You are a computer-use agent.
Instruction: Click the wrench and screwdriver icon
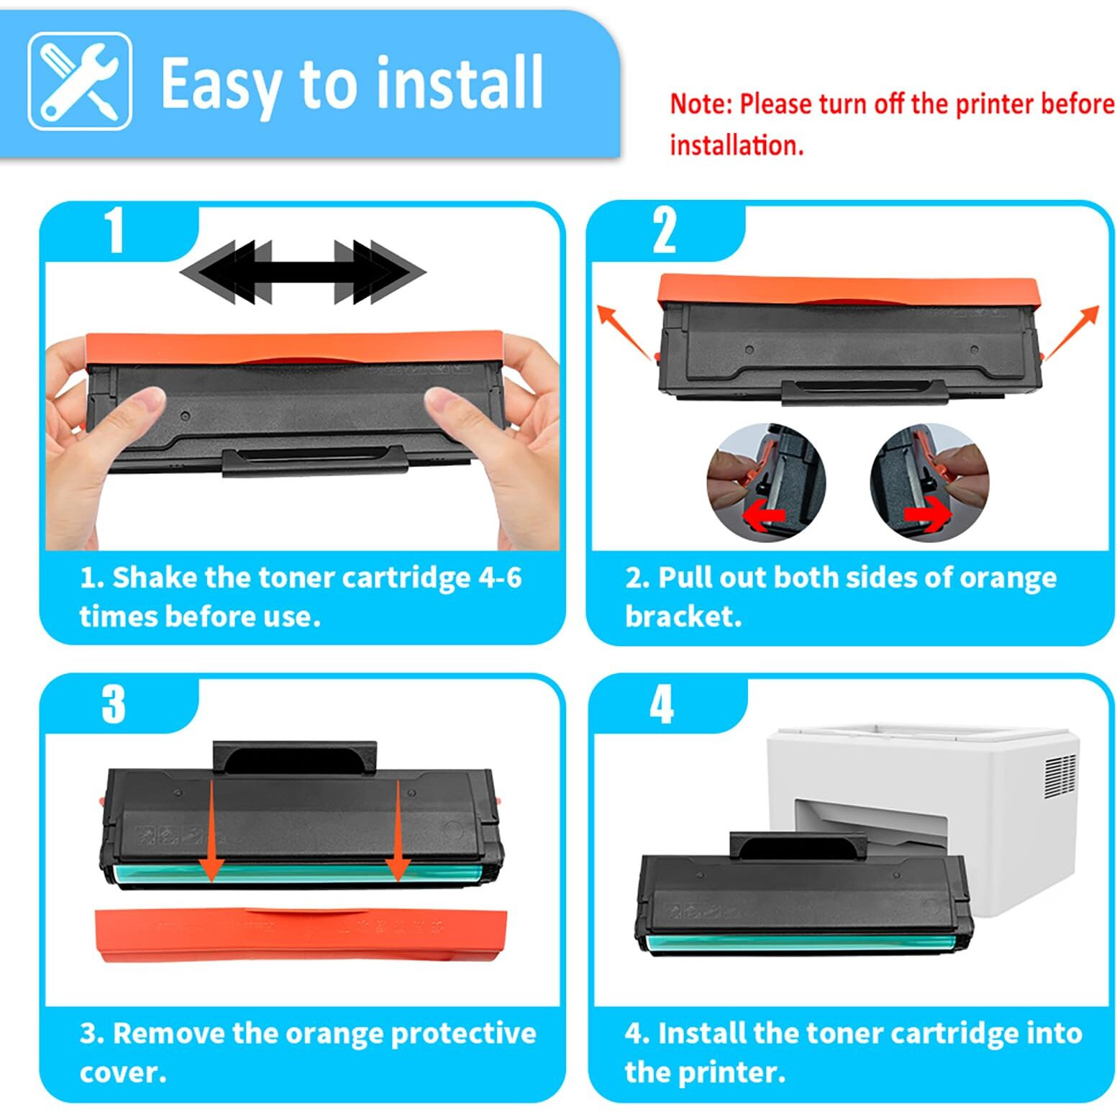[80, 81]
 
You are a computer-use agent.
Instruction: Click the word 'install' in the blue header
[460, 84]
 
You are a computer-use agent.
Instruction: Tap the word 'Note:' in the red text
[701, 104]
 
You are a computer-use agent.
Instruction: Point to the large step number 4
[662, 704]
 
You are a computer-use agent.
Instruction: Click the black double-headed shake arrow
[303, 272]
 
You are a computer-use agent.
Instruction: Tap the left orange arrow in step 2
[623, 332]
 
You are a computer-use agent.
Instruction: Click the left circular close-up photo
[766, 483]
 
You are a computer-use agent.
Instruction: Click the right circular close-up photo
[929, 483]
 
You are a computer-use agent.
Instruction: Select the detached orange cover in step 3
[301, 934]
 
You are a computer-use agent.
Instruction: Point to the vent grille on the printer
[1059, 776]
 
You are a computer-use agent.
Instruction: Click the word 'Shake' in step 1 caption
[154, 578]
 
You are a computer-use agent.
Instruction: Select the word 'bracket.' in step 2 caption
[683, 616]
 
